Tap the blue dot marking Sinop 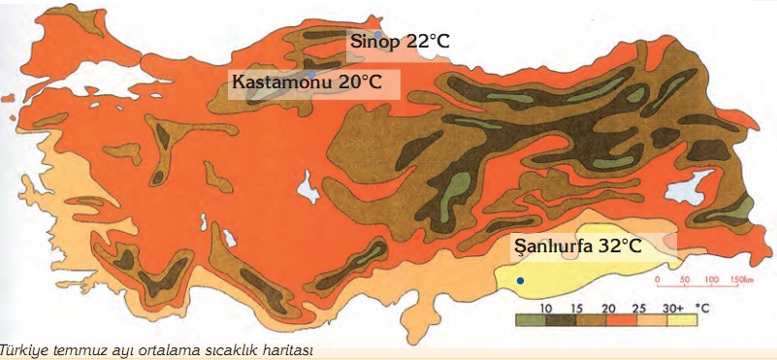click(x=378, y=34)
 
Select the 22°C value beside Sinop click(x=428, y=42)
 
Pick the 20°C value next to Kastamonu click(x=360, y=82)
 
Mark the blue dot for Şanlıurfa click(x=521, y=280)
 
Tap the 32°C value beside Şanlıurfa click(x=619, y=247)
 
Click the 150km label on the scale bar click(x=740, y=278)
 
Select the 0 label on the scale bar click(x=657, y=278)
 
